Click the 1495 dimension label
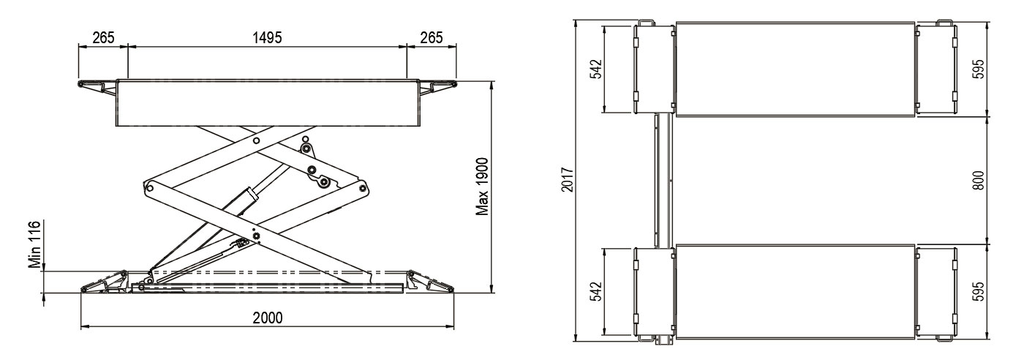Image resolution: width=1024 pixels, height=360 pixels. tap(268, 37)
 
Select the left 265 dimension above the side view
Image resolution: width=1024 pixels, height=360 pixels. tap(103, 37)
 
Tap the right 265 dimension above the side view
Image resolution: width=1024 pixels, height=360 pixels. tap(432, 37)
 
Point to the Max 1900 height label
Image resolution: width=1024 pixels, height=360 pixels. tap(482, 187)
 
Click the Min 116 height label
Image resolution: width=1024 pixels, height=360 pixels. tap(35, 244)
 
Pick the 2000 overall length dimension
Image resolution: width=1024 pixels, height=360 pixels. tap(268, 318)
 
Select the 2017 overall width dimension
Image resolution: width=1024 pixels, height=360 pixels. tap(567, 180)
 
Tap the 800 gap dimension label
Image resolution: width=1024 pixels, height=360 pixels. tap(979, 181)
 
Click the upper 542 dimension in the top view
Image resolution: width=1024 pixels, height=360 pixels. tap(597, 69)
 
